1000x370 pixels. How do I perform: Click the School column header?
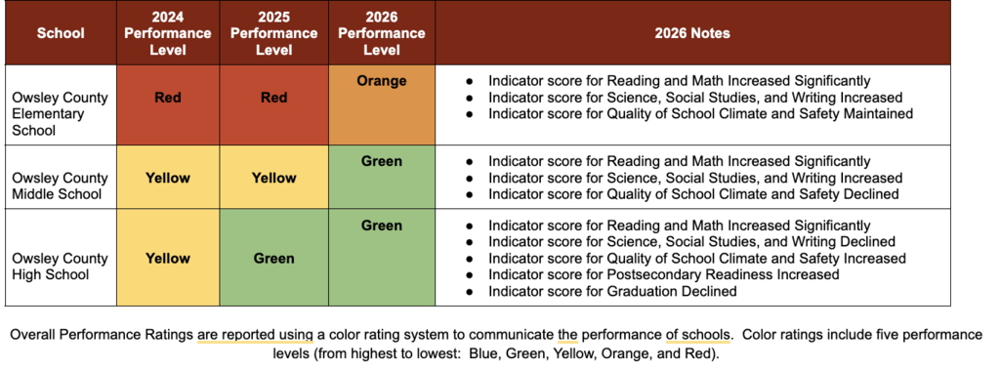pyautogui.click(x=61, y=33)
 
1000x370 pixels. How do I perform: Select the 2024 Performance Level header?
pyautogui.click(x=168, y=33)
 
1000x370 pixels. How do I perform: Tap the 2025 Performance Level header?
pyautogui.click(x=274, y=33)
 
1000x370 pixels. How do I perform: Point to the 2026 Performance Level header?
pyautogui.click(x=382, y=33)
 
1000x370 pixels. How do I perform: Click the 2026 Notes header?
pyautogui.click(x=692, y=33)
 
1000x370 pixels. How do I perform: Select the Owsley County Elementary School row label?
pyautogui.click(x=60, y=114)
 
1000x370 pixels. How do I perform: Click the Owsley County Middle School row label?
pyautogui.click(x=60, y=185)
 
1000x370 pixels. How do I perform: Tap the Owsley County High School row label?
pyautogui.click(x=60, y=266)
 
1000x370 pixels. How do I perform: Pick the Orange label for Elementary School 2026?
pyautogui.click(x=382, y=82)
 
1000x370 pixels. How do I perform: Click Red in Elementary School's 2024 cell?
pyautogui.click(x=168, y=98)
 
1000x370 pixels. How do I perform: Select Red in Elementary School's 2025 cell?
pyautogui.click(x=274, y=98)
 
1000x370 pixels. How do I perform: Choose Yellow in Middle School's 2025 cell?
pyautogui.click(x=274, y=178)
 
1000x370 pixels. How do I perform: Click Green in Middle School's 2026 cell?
pyautogui.click(x=382, y=161)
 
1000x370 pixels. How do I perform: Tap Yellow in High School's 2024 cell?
pyautogui.click(x=168, y=259)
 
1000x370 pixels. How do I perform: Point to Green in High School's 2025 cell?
pyautogui.click(x=274, y=259)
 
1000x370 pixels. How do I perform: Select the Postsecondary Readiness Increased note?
pyautogui.click(x=664, y=274)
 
